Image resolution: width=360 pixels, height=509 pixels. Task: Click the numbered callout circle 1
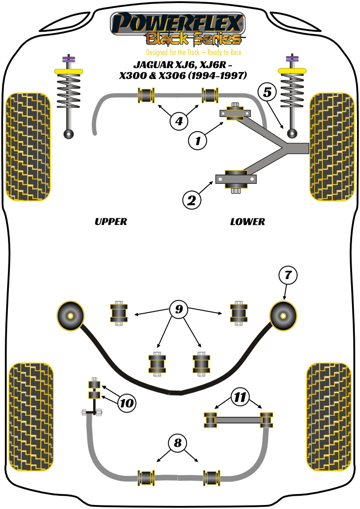click(197, 141)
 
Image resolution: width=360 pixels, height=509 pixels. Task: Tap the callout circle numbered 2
click(192, 201)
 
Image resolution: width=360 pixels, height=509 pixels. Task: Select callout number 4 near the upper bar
click(178, 121)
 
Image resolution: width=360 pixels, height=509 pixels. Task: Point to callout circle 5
click(268, 92)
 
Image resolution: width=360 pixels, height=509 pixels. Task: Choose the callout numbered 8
click(178, 443)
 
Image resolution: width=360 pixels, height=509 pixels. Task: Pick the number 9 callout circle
click(178, 309)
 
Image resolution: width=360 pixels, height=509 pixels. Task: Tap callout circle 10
click(126, 403)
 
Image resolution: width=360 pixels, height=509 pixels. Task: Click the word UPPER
click(110, 221)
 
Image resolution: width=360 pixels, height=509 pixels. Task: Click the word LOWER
click(247, 221)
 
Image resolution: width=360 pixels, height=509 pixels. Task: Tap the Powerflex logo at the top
click(177, 29)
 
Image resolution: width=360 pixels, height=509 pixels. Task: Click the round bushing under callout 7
click(283, 315)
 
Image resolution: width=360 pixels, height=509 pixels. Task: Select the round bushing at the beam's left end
click(70, 315)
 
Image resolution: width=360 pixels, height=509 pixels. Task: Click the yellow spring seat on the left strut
click(68, 71)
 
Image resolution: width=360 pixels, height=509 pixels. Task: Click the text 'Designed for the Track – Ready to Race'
click(194, 52)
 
